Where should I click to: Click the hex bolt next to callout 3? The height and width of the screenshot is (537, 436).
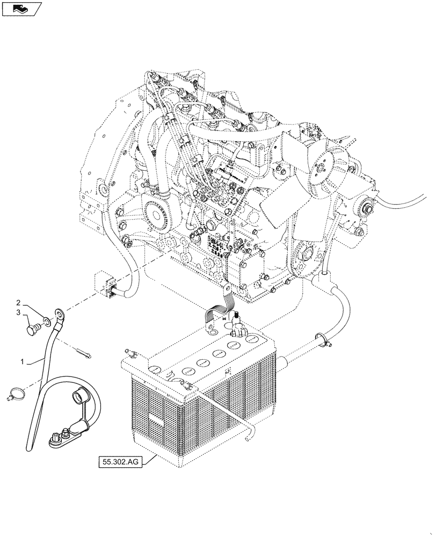(x=32, y=327)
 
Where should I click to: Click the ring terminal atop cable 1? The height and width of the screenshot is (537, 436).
(x=58, y=312)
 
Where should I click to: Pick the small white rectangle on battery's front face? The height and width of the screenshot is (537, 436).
(x=156, y=420)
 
